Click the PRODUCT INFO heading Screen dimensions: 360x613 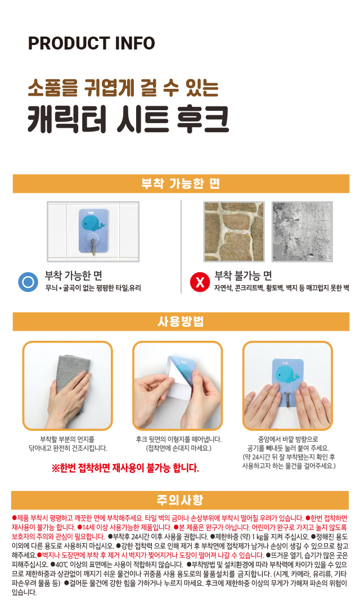coord(92,43)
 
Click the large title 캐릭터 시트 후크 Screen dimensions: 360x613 coord(128,119)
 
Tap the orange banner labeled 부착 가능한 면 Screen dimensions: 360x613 coord(181,184)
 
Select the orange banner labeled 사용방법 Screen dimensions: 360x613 coord(181,322)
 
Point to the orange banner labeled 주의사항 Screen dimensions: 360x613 coord(180,500)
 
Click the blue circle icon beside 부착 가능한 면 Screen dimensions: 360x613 coord(28,282)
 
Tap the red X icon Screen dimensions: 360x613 coord(200,282)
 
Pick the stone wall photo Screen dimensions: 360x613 coord(234,232)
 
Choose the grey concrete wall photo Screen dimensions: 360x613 coord(302,232)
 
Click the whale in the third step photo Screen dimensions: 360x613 coord(287,374)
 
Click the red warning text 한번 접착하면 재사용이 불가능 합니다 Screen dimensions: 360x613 coord(125,468)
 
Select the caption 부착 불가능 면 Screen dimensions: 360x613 coord(243,276)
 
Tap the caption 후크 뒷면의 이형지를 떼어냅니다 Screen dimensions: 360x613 coord(178,439)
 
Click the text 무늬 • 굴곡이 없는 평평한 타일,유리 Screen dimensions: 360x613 coord(93,288)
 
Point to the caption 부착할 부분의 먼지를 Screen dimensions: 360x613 coord(67,439)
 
